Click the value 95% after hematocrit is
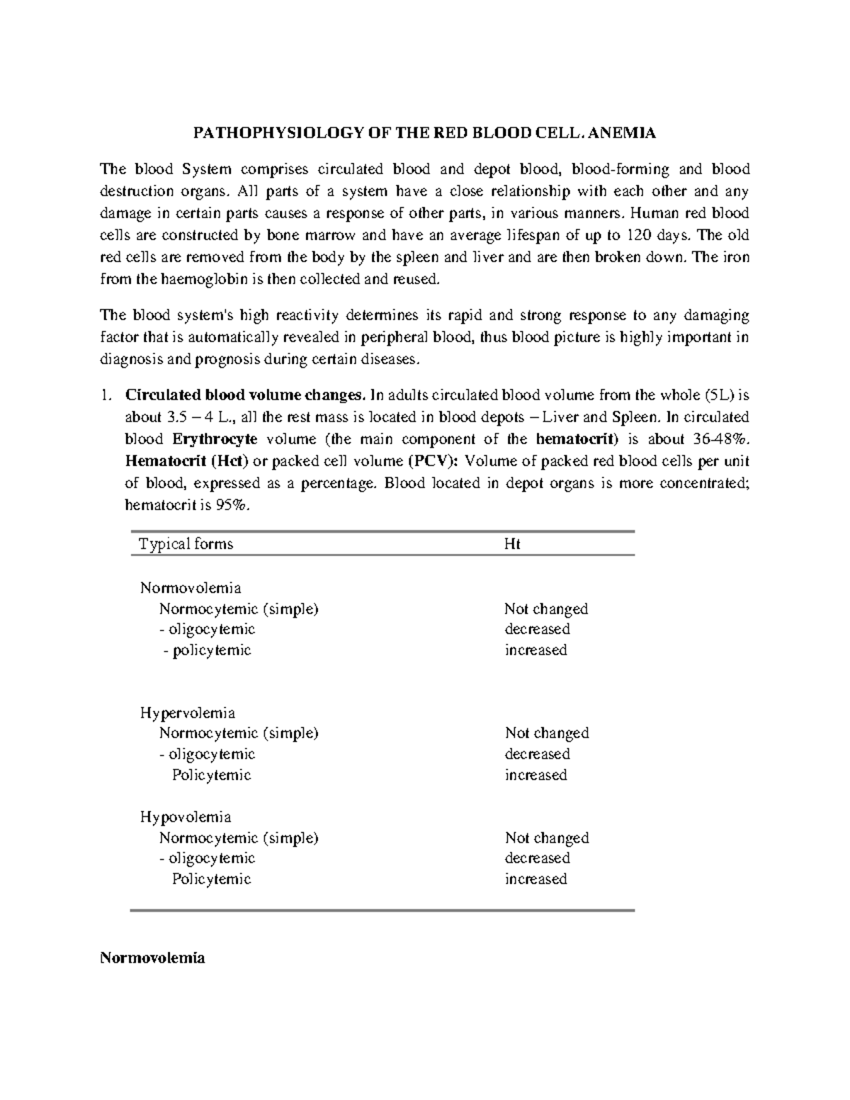tap(237, 506)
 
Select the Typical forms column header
tap(186, 544)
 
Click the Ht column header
tap(512, 544)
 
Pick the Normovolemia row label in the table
tap(191, 588)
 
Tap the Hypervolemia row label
tap(188, 713)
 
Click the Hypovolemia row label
tap(186, 817)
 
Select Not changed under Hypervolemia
tap(547, 733)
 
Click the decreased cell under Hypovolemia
tap(537, 858)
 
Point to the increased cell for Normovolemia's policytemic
tap(535, 650)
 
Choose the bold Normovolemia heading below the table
tap(152, 958)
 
